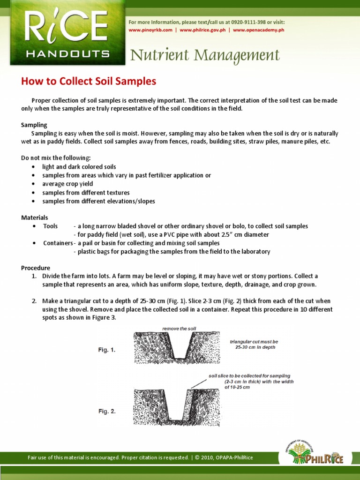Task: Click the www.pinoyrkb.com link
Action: click(152, 30)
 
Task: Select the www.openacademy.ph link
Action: click(259, 30)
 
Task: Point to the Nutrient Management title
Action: click(205, 55)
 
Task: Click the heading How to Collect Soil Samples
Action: click(89, 81)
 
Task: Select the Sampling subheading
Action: click(34, 125)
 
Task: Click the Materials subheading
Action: click(35, 217)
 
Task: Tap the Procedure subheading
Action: click(36, 268)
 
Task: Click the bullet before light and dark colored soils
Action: click(32, 167)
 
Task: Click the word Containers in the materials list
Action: click(58, 243)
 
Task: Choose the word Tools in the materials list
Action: click(51, 226)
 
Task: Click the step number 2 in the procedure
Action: click(34, 301)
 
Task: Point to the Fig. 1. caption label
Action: click(106, 350)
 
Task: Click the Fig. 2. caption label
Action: click(106, 411)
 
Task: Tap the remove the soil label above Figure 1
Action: click(180, 329)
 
